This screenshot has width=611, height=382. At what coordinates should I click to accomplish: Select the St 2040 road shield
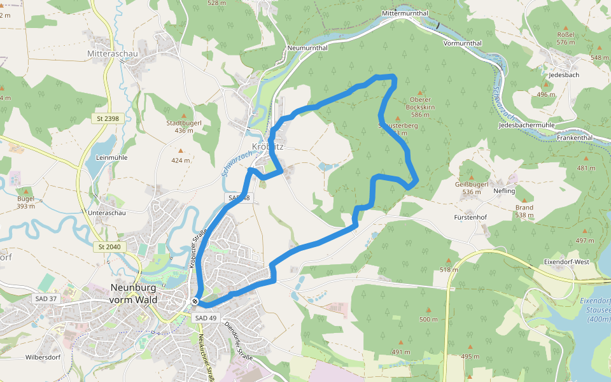click(109, 246)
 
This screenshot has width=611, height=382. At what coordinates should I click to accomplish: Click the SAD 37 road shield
click(44, 299)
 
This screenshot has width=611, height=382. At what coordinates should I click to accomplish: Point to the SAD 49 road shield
click(206, 318)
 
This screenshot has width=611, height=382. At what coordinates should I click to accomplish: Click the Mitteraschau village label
click(113, 53)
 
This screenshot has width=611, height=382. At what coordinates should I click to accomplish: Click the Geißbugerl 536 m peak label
click(471, 188)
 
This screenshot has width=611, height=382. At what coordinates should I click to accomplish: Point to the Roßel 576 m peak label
click(565, 38)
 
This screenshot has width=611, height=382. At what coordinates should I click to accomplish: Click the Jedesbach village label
click(563, 74)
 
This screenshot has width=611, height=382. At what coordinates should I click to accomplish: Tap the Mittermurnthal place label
click(405, 13)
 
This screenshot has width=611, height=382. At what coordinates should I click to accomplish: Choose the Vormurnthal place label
click(463, 43)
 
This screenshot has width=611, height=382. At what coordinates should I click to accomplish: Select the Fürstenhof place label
click(470, 217)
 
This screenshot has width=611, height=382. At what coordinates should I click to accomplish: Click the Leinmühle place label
click(111, 157)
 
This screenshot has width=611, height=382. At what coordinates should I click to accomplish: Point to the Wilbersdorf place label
click(43, 357)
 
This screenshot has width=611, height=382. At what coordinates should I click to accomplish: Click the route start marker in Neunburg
click(195, 301)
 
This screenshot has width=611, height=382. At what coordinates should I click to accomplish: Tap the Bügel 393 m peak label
click(26, 202)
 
